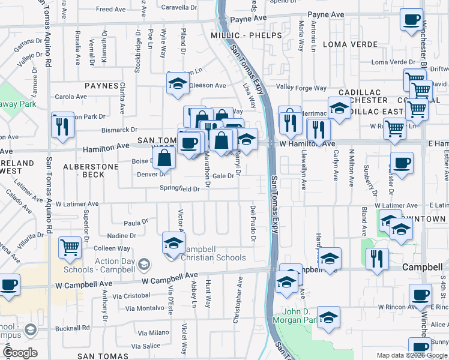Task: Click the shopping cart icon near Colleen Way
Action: pyautogui.click(x=70, y=247)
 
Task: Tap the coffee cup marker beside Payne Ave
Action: pyautogui.click(x=411, y=19)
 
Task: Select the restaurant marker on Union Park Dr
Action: pyautogui.click(x=62, y=125)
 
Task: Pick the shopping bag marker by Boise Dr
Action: pyautogui.click(x=163, y=158)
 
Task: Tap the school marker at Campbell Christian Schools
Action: pyautogui.click(x=173, y=244)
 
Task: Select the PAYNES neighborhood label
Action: pyautogui.click(x=101, y=86)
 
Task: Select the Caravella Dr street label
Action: pyautogui.click(x=164, y=9)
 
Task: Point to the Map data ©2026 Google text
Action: pyautogui.click(x=411, y=355)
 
